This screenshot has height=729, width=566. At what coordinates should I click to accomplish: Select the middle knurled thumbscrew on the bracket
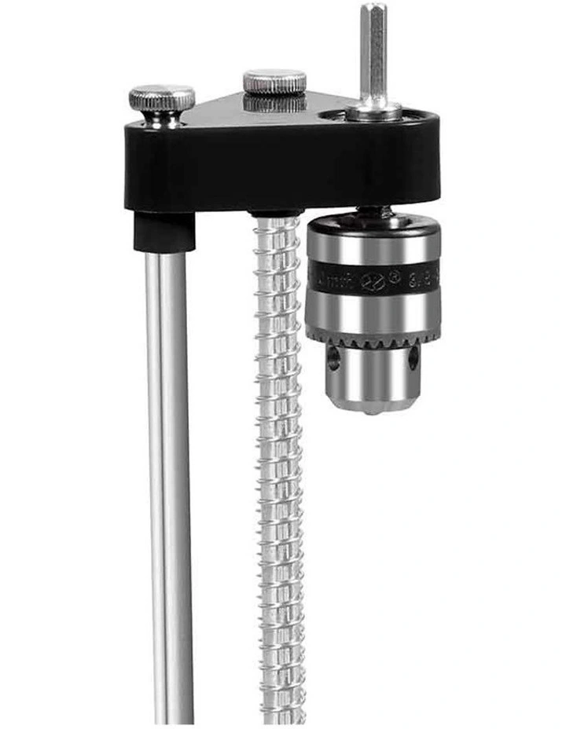(x=274, y=82)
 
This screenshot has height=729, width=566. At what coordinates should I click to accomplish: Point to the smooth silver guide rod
(x=168, y=471)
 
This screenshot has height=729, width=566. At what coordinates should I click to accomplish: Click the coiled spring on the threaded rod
(x=280, y=471)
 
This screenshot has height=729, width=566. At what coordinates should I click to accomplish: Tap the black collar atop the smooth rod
(x=164, y=232)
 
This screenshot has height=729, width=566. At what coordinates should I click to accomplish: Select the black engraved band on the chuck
(x=373, y=278)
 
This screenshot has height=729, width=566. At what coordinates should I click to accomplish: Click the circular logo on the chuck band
(x=373, y=280)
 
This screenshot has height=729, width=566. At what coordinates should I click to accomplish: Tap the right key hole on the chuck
(x=413, y=358)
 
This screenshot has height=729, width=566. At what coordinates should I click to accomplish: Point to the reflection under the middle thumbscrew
(x=274, y=104)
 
